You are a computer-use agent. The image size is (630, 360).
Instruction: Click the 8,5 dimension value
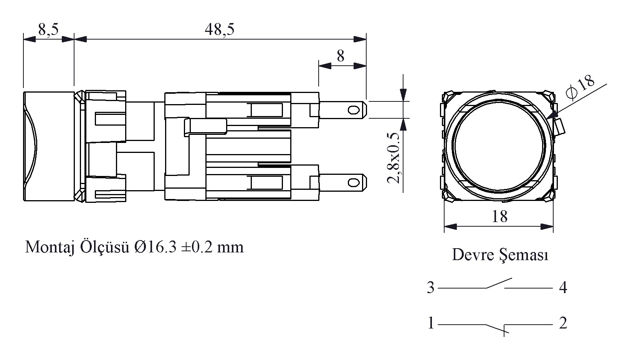coord(48,29)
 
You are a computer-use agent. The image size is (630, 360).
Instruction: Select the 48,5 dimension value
coord(219,29)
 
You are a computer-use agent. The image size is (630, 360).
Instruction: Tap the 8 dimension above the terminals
coord(341,56)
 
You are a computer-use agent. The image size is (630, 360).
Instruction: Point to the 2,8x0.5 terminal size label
coord(394,158)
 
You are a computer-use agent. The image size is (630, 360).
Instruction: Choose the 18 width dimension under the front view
coord(499,216)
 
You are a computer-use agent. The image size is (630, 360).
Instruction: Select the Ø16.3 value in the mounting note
coord(155,247)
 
